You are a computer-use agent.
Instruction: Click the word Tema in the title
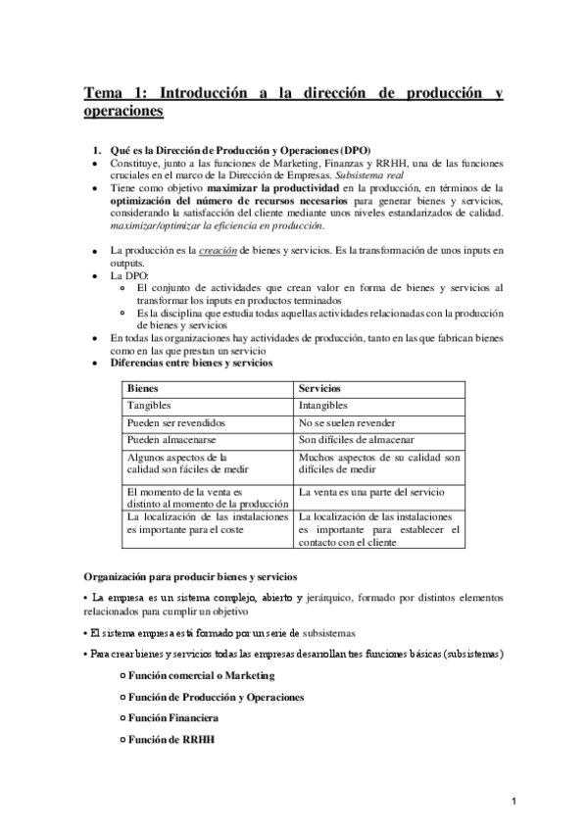coord(101,94)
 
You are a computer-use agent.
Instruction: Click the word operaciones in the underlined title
coord(122,112)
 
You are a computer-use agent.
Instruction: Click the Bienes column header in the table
coord(144,388)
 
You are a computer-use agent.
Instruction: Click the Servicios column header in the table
coord(320,388)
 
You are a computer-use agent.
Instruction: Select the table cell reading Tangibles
coord(151,405)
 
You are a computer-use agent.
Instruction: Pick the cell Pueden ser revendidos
coord(175,422)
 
